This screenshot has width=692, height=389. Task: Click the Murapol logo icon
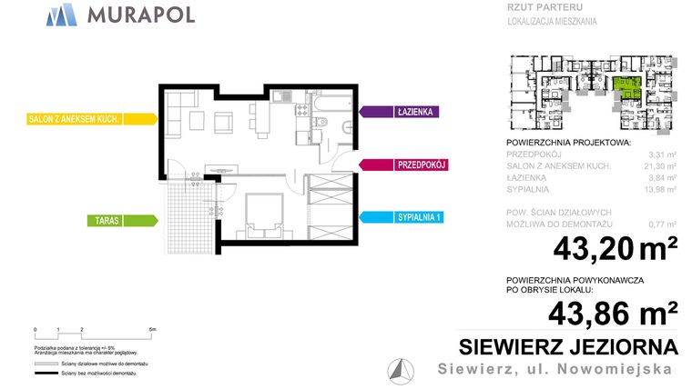(61, 15)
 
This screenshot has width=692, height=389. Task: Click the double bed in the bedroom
(267, 217)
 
